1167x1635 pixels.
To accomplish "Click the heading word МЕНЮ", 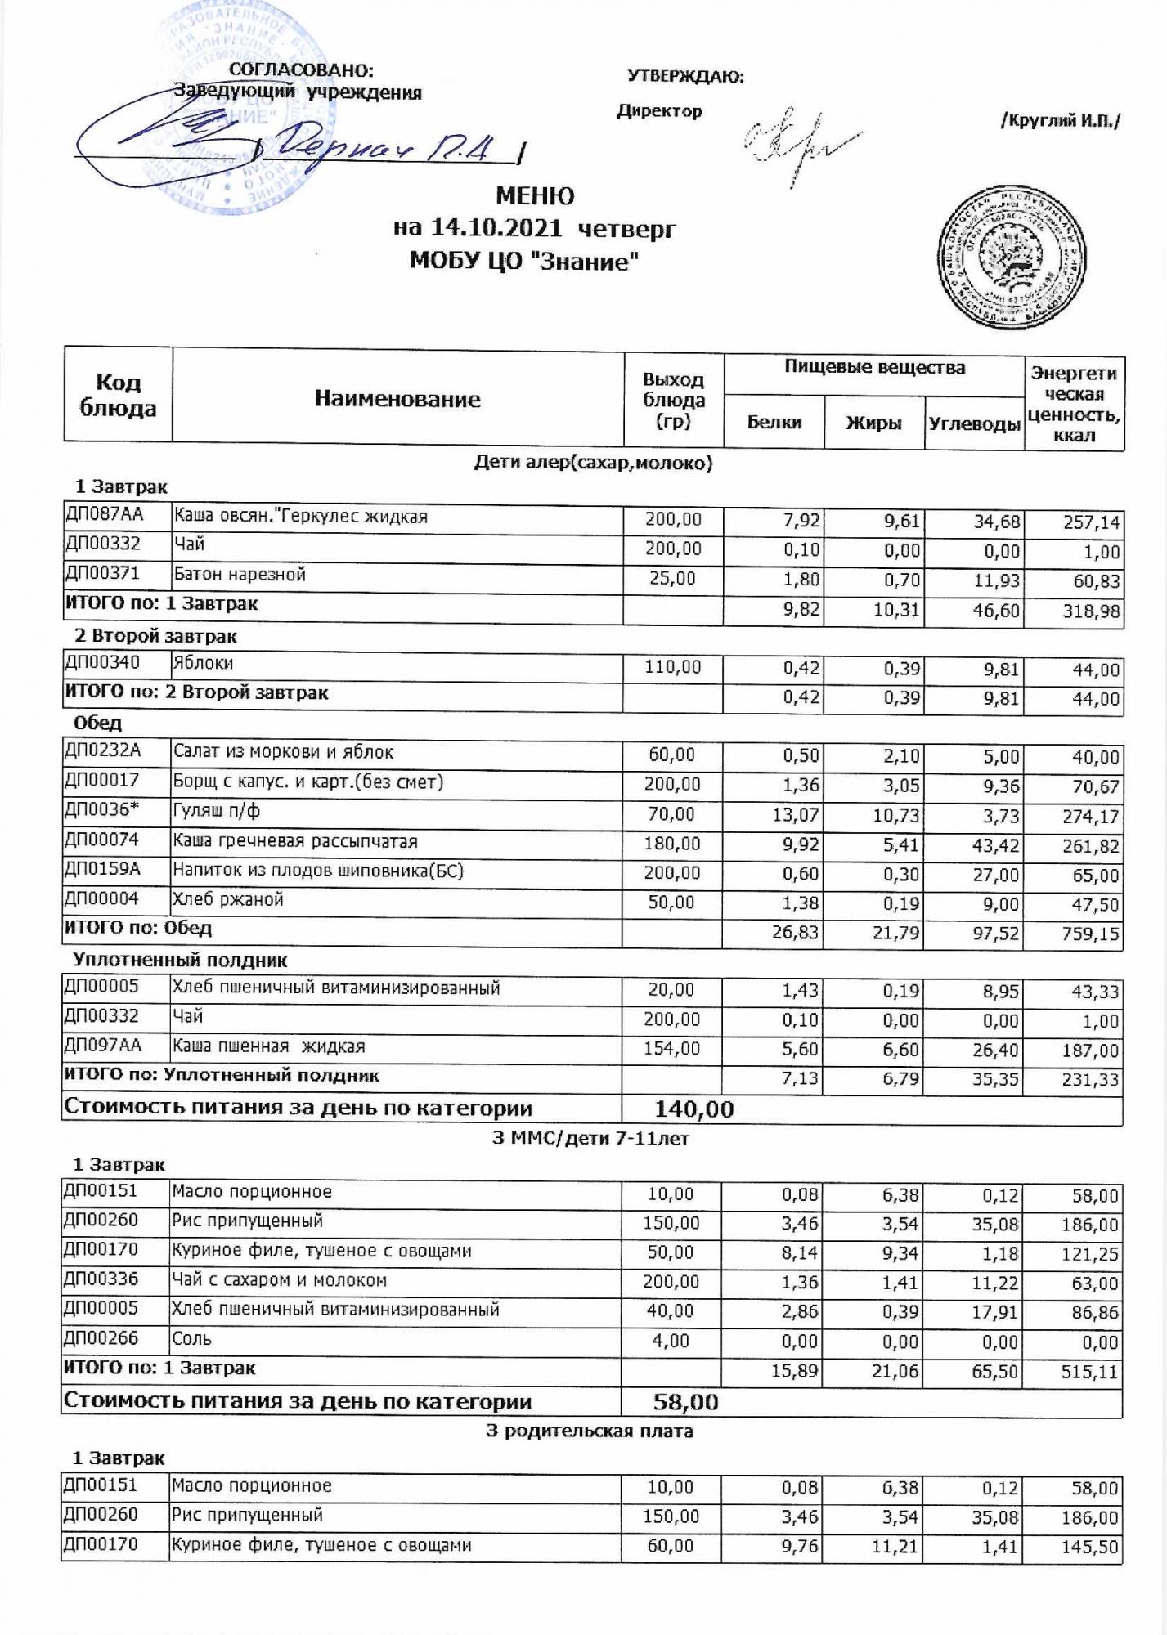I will click(536, 197).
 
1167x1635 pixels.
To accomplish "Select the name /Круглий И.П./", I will click(1060, 122).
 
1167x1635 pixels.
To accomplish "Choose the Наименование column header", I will click(397, 400).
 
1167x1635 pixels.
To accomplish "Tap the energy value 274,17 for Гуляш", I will click(1091, 817).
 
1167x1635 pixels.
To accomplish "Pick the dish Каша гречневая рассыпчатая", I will click(294, 841).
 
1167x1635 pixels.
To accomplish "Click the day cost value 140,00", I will click(694, 1109).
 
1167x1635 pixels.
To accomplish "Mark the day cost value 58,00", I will click(685, 1403).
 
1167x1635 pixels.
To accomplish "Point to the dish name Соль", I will click(191, 1339).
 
